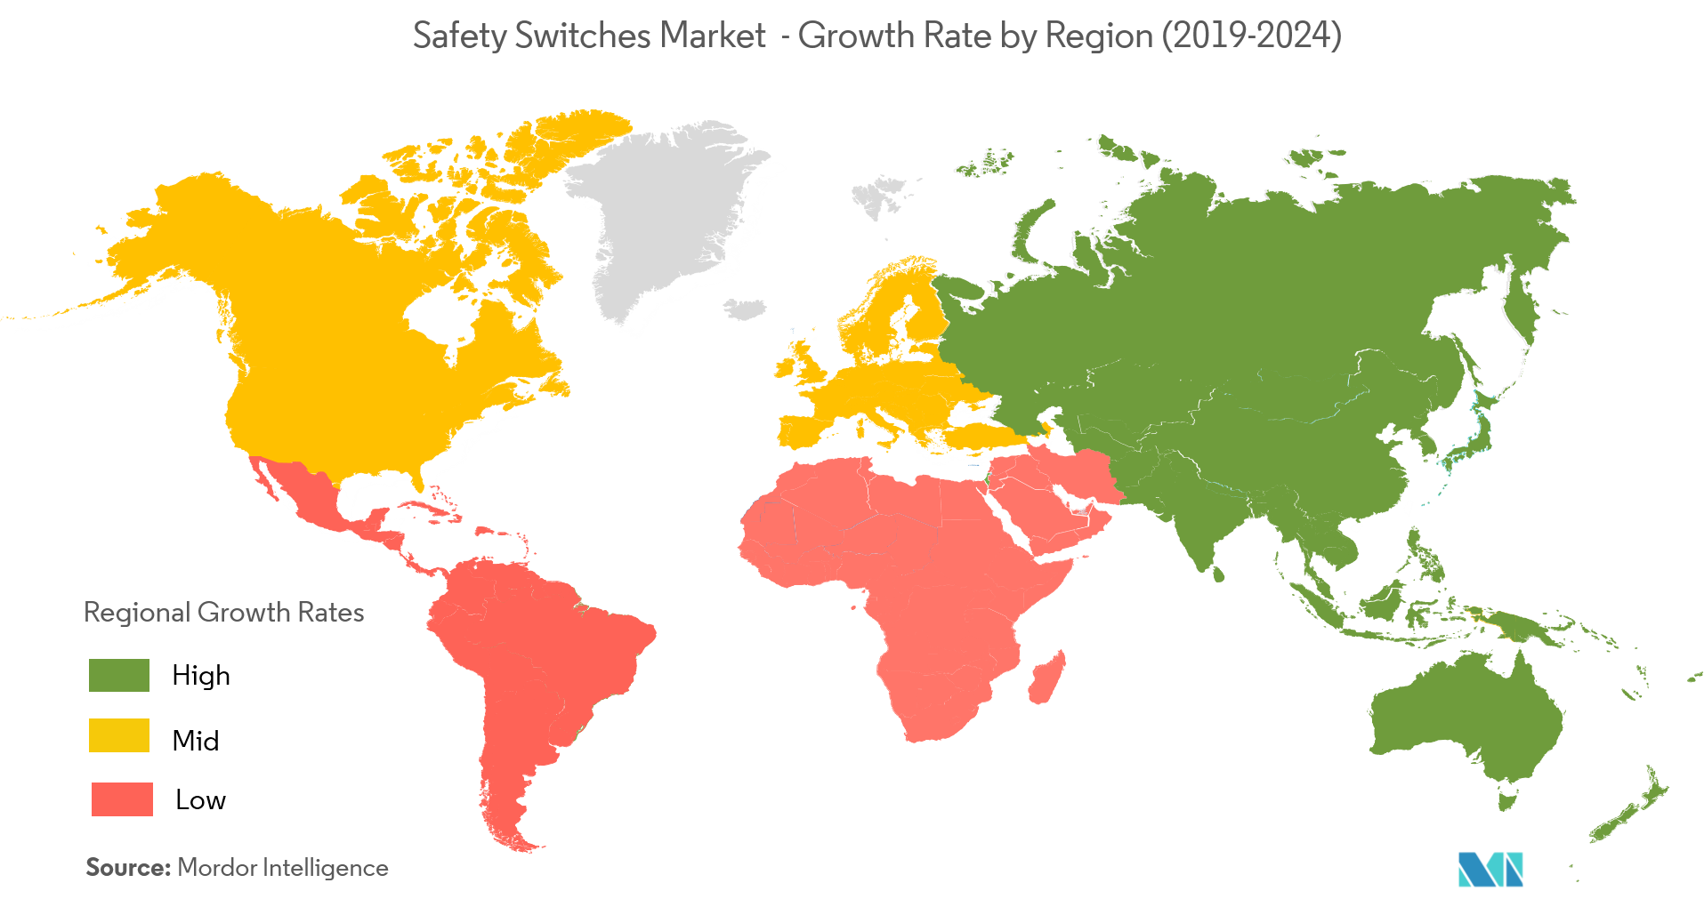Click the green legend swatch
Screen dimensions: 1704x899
119,675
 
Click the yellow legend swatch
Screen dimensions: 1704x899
119,735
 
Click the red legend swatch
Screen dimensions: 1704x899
122,799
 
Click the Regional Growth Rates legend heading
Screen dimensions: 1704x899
223,612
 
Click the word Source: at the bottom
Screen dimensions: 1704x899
127,867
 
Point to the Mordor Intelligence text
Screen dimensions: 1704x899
283,867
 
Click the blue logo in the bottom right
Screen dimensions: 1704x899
1490,869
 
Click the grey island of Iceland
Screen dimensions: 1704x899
746,309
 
